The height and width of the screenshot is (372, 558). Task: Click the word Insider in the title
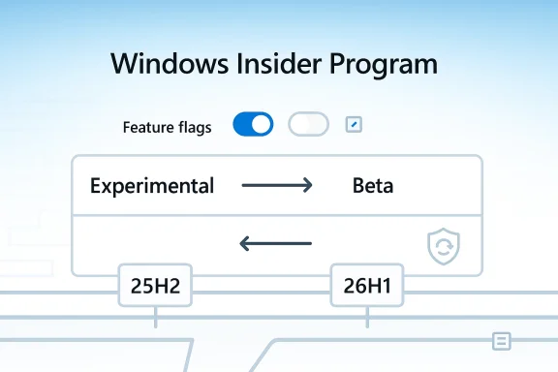(x=263, y=64)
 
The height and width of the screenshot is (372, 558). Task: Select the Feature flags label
(x=168, y=127)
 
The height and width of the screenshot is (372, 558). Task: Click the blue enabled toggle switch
(x=253, y=125)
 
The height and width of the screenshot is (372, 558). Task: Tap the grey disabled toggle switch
(x=308, y=125)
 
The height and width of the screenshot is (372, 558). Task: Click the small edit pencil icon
(x=354, y=125)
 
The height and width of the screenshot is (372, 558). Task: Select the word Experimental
(x=152, y=186)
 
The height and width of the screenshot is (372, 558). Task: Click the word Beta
(x=373, y=186)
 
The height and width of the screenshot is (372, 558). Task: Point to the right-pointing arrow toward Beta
(x=276, y=185)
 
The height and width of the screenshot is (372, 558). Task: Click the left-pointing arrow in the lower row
(x=276, y=243)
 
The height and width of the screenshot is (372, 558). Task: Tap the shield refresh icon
(x=443, y=247)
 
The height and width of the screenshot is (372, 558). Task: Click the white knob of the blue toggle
(x=262, y=125)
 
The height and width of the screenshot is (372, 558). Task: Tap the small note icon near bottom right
(x=501, y=340)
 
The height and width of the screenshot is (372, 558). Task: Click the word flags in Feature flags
(x=195, y=127)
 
